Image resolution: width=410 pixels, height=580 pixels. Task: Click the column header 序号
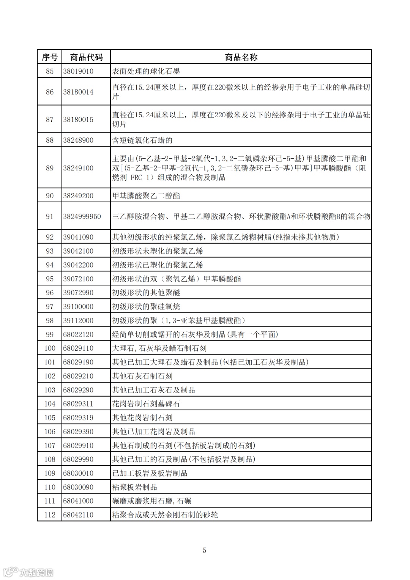click(x=50, y=57)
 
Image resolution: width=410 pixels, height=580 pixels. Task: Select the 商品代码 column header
click(x=86, y=57)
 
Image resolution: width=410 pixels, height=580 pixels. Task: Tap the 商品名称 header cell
click(x=241, y=57)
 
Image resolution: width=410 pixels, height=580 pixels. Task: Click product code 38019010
click(x=78, y=71)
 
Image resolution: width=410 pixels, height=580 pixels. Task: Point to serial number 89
click(x=50, y=168)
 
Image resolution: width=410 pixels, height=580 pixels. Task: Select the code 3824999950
click(x=82, y=216)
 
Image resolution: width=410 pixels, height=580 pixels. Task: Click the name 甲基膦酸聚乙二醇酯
click(x=146, y=196)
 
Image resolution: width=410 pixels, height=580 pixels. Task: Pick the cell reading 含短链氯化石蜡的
click(x=142, y=140)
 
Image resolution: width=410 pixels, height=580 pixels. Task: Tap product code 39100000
click(x=78, y=306)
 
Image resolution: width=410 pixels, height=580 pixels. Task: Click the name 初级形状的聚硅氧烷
click(x=146, y=306)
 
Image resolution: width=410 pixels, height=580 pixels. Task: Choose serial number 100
click(x=50, y=348)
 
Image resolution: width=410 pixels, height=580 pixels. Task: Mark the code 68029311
click(x=78, y=404)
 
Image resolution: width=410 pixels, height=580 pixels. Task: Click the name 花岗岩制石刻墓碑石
click(x=146, y=404)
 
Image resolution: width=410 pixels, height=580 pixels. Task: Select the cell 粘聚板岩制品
click(x=135, y=487)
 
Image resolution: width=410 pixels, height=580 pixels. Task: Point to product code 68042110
click(x=78, y=515)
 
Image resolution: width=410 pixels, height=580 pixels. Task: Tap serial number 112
click(x=50, y=515)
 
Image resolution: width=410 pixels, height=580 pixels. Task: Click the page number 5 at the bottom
click(x=205, y=550)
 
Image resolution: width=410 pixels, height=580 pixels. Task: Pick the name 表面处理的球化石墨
click(x=146, y=71)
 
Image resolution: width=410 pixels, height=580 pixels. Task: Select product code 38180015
click(x=78, y=119)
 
